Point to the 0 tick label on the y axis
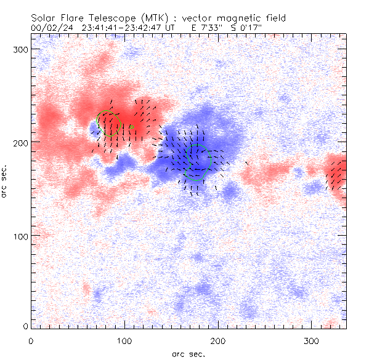point(25,326)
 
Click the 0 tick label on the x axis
point(31,340)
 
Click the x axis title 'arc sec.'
point(187,353)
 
